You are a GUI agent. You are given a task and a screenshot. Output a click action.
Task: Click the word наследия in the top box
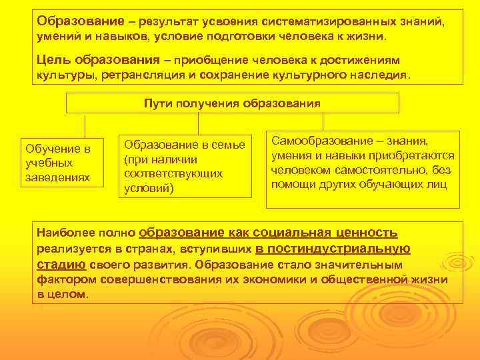(x=381, y=75)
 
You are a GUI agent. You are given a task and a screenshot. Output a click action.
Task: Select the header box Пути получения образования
(x=232, y=103)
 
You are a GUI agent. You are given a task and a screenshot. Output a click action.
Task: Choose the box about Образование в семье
(x=185, y=167)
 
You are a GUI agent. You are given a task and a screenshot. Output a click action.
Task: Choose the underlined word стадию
(x=56, y=265)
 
